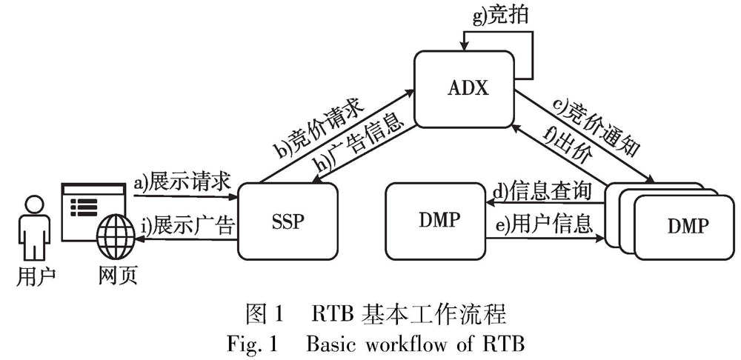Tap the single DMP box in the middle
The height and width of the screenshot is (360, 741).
[435, 220]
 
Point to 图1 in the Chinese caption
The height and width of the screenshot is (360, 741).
[259, 316]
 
